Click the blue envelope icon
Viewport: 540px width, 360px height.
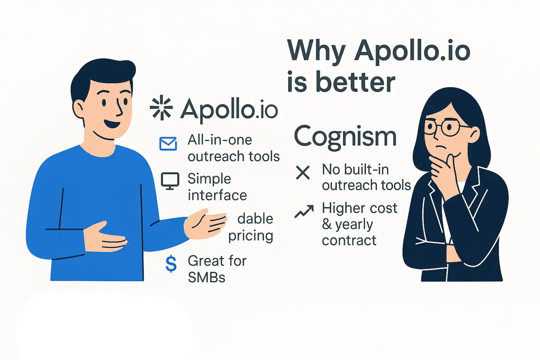168,144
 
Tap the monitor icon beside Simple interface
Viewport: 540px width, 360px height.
170,181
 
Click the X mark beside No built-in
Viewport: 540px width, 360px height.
303,172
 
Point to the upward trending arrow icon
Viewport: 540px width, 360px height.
304,211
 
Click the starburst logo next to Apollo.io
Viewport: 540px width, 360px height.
161,108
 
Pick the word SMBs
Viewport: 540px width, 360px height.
206,277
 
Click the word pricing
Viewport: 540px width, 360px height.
251,236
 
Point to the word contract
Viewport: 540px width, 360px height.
349,240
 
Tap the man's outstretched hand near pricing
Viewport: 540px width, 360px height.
205,224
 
